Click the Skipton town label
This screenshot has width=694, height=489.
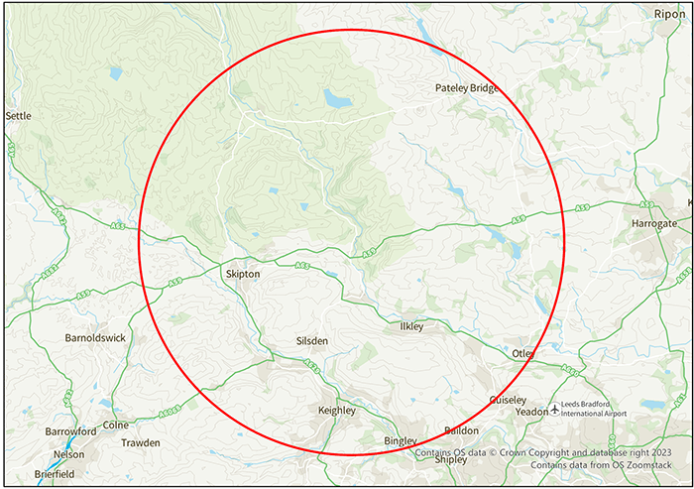click(x=243, y=273)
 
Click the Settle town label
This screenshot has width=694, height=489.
click(x=19, y=116)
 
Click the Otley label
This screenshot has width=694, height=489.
click(x=523, y=353)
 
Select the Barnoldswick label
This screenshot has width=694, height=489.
click(x=95, y=337)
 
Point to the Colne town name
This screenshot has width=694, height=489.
click(x=116, y=425)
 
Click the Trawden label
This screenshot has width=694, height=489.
click(x=140, y=442)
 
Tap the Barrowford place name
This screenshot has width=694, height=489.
click(x=70, y=431)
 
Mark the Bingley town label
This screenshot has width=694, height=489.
click(x=402, y=440)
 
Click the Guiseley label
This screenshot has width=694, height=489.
click(x=509, y=400)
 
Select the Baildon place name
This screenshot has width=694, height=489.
click(x=461, y=430)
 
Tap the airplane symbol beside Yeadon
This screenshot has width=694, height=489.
click(x=553, y=410)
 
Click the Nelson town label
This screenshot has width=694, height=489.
click(x=68, y=454)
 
